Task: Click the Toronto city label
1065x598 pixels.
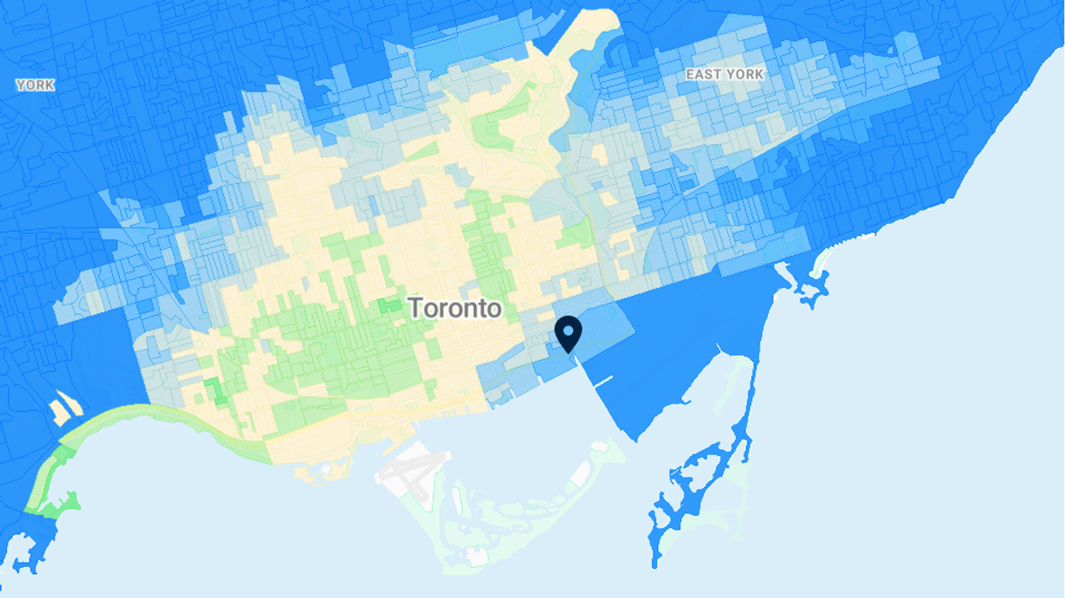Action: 454,308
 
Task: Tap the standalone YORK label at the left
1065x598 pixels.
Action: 36,85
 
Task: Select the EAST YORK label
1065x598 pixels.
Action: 725,74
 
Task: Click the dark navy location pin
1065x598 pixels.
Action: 568,333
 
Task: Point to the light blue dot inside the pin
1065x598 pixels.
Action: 568,329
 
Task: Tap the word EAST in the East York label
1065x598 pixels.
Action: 704,74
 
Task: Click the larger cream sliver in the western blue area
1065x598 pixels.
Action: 63,410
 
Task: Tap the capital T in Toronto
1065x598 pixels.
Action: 416,308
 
